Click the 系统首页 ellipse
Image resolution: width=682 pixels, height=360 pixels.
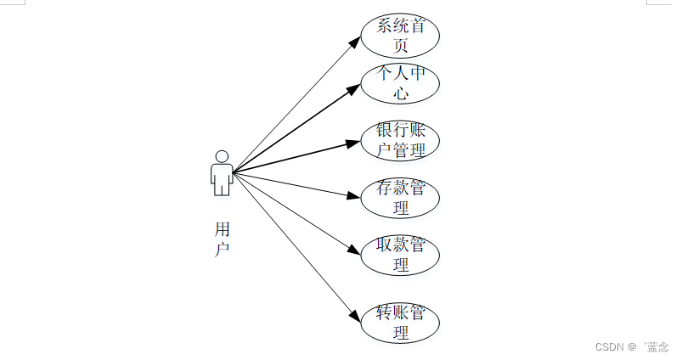pyautogui.click(x=400, y=36)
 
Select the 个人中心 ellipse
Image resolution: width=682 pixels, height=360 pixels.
pyautogui.click(x=400, y=83)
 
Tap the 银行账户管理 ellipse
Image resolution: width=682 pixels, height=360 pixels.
pyautogui.click(x=400, y=141)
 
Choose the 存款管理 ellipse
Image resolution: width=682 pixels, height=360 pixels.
pyautogui.click(x=400, y=197)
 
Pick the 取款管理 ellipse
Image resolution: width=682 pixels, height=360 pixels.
pyautogui.click(x=400, y=255)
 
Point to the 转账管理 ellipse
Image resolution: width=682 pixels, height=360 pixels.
pyautogui.click(x=400, y=323)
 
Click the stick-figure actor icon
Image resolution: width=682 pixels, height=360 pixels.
pyautogui.click(x=222, y=173)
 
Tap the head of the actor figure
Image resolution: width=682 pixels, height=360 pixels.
pyautogui.click(x=222, y=157)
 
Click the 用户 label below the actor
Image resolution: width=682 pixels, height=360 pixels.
pyautogui.click(x=222, y=239)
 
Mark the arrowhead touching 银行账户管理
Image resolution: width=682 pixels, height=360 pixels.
pyautogui.click(x=356, y=143)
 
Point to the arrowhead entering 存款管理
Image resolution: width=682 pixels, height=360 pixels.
pyautogui.click(x=356, y=196)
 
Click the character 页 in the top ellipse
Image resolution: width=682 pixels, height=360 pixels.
pyautogui.click(x=401, y=46)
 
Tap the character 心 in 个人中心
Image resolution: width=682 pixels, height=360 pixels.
pyautogui.click(x=401, y=93)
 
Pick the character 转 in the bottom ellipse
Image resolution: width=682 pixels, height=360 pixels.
pyautogui.click(x=384, y=313)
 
